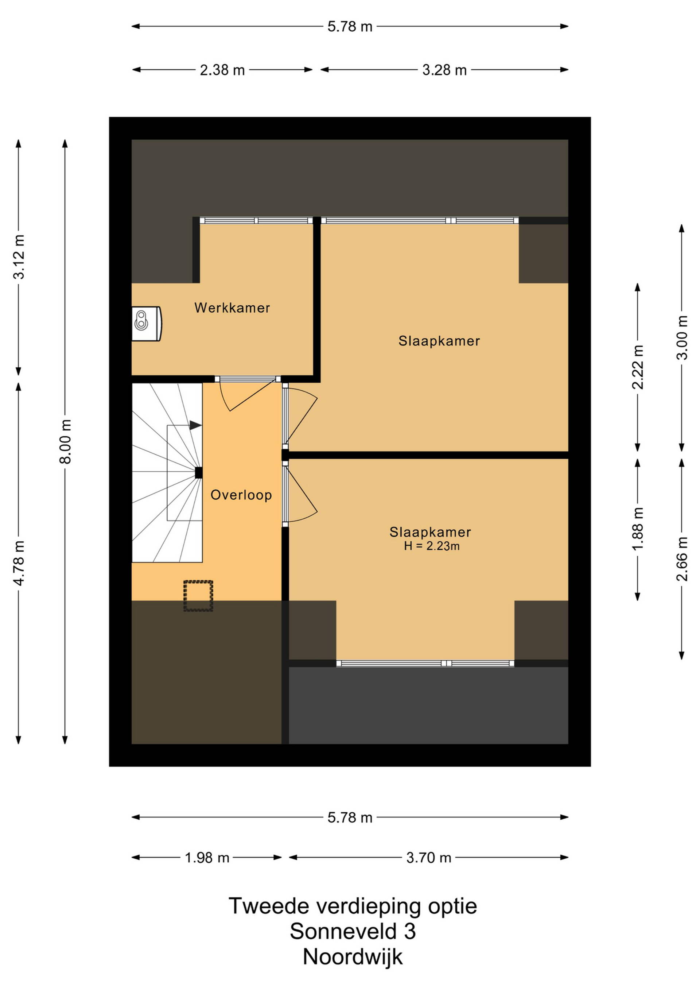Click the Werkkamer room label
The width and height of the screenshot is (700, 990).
coord(232,308)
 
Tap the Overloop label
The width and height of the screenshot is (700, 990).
coord(241,495)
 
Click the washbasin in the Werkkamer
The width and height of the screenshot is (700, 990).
coord(147,324)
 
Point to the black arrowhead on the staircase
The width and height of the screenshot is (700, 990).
coord(196,425)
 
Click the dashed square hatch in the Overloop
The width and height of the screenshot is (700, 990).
coord(198,596)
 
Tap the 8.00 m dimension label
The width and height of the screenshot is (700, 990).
coord(65,441)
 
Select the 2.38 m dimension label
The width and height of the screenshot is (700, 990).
coord(222,70)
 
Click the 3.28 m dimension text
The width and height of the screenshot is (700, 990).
coord(444,70)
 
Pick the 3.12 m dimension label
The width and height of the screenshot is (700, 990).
coord(19,257)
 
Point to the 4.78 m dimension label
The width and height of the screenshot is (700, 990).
coord(19,563)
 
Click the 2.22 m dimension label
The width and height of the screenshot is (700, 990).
coord(638,367)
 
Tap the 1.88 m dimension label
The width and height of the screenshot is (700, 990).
coord(638,529)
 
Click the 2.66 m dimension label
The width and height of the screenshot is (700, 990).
coord(682,559)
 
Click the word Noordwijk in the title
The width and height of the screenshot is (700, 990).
coord(353,957)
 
